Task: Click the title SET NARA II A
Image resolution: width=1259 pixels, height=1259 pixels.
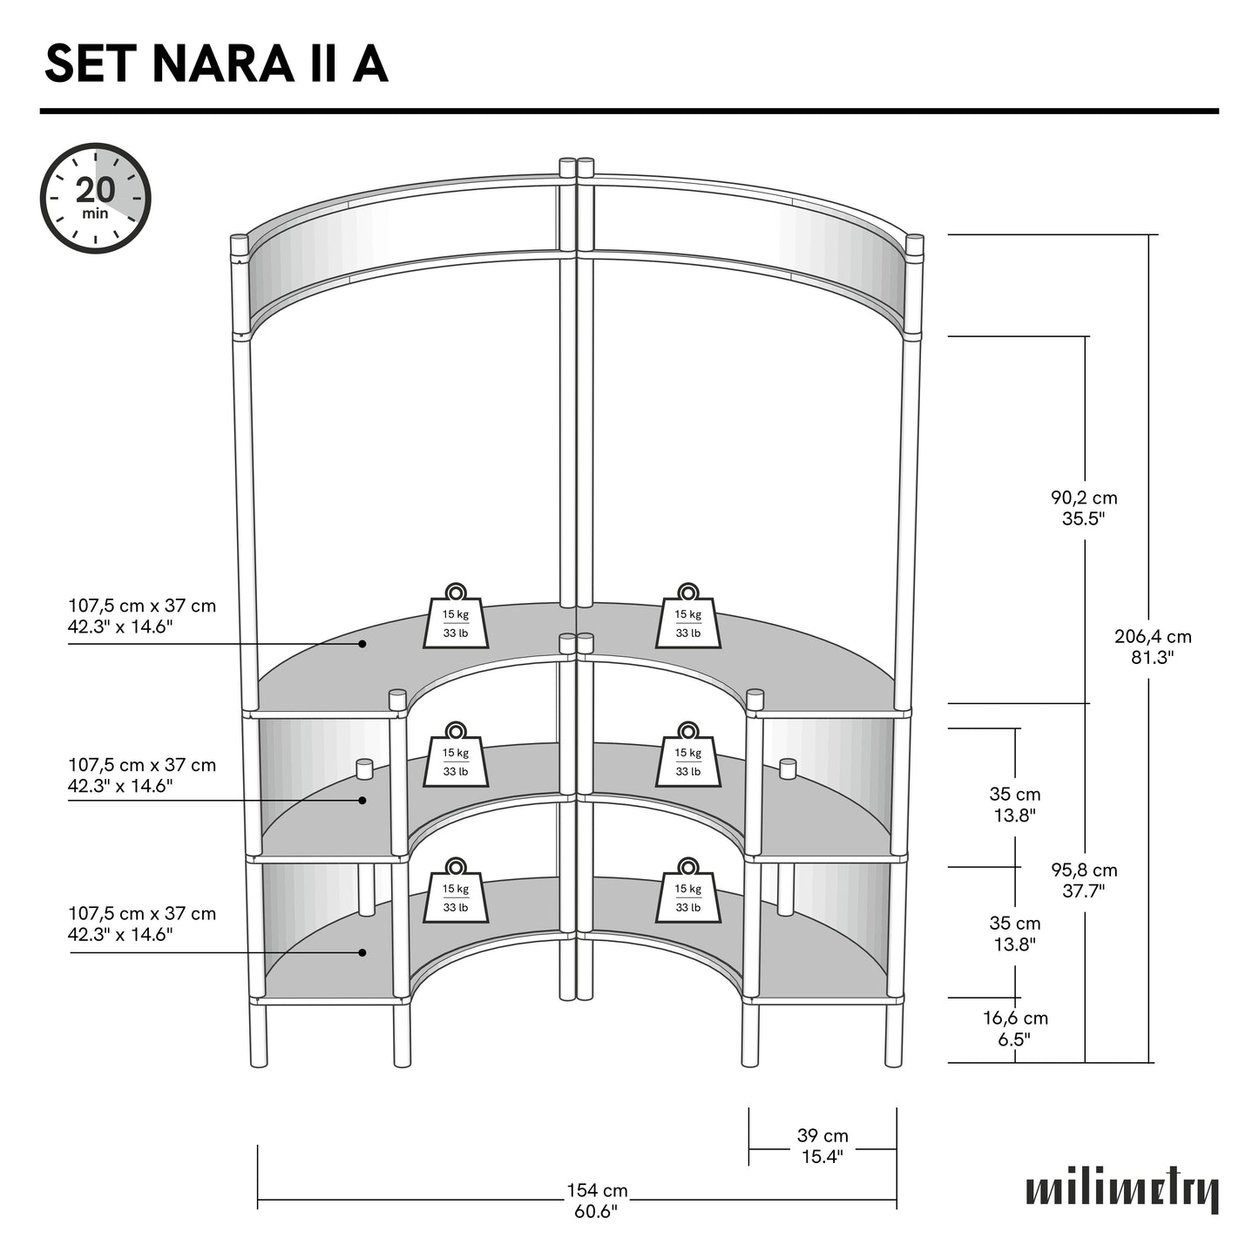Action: [x=216, y=64]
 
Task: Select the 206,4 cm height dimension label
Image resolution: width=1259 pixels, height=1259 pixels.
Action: [x=1153, y=646]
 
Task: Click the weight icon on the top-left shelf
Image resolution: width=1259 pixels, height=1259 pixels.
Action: [x=456, y=617]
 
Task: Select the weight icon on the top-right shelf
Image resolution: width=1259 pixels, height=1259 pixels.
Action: [x=688, y=617]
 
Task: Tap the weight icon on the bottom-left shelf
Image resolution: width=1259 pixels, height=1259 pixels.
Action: [x=456, y=891]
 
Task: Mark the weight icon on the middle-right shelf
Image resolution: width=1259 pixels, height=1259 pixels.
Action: [x=688, y=755]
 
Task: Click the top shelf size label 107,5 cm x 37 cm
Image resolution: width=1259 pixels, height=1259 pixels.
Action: [x=142, y=616]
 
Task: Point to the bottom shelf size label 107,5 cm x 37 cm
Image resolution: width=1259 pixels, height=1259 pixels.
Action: [x=142, y=924]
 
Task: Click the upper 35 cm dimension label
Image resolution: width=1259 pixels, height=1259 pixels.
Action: [x=1014, y=804]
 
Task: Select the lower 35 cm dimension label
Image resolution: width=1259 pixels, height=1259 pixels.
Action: [x=1014, y=933]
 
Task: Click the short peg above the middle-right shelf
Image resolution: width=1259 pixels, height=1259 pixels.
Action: [x=788, y=769]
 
